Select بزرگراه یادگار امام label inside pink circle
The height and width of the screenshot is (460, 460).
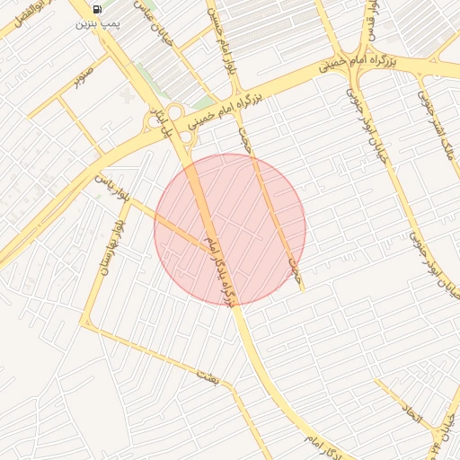coord(222,270)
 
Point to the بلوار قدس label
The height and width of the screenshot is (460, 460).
coord(368,22)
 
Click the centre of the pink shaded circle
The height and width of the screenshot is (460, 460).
coord(230,229)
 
